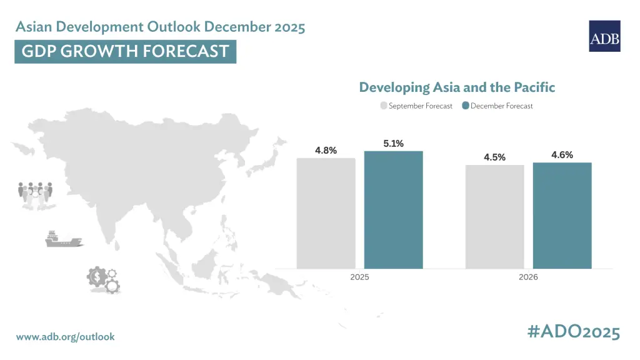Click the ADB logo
pyautogui.click(x=604, y=36)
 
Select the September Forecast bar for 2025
pyautogui.click(x=326, y=214)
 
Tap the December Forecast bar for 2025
pyautogui.click(x=394, y=210)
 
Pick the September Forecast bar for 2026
pyautogui.click(x=495, y=217)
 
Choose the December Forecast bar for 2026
pyautogui.click(x=562, y=216)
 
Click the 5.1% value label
pyautogui.click(x=394, y=144)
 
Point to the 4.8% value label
pyautogui.click(x=326, y=151)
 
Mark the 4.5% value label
pyautogui.click(x=495, y=157)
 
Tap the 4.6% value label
pyautogui.click(x=562, y=155)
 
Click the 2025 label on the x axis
pyautogui.click(x=359, y=277)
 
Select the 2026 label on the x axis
pyautogui.click(x=528, y=277)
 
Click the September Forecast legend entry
pyautogui.click(x=416, y=106)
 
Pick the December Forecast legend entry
pyautogui.click(x=497, y=106)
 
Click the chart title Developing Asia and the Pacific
pyautogui.click(x=457, y=87)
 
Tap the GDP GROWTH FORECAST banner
pyautogui.click(x=125, y=51)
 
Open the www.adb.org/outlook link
pyautogui.click(x=65, y=337)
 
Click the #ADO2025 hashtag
pyautogui.click(x=574, y=331)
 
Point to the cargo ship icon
pyautogui.click(x=64, y=239)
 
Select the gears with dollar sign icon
pyautogui.click(x=103, y=279)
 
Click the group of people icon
pyautogui.click(x=36, y=196)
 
